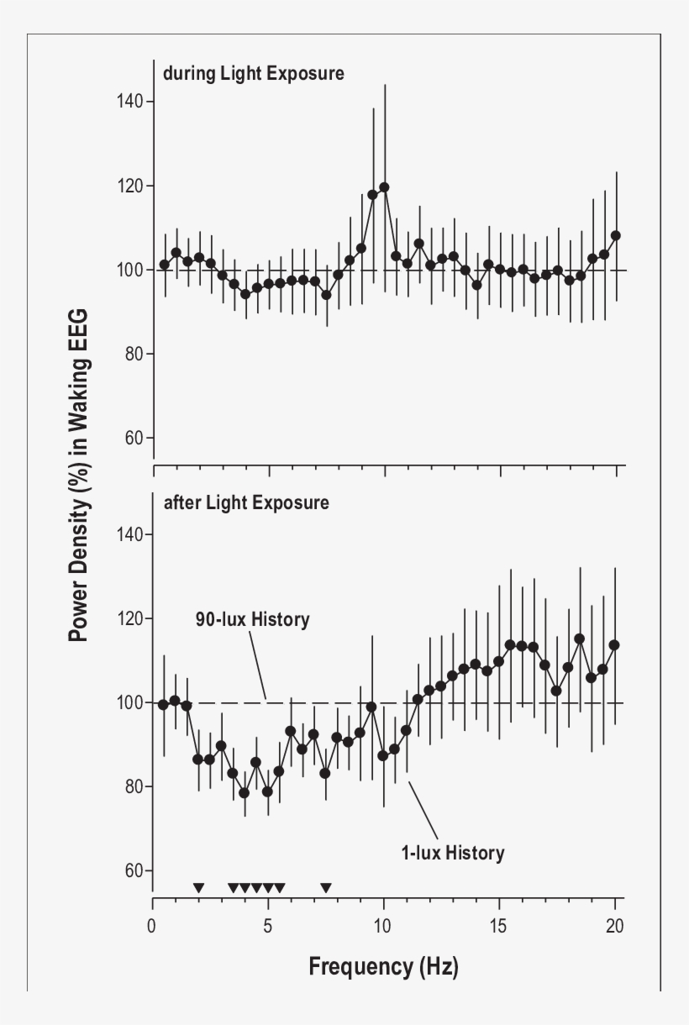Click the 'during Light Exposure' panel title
253,73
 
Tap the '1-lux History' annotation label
452,854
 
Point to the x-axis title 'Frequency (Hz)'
383,967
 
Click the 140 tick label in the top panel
130,102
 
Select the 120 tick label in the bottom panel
130,618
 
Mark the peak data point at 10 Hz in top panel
384,187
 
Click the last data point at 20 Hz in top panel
615,235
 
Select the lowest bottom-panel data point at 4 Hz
245,792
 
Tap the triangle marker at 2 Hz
198,888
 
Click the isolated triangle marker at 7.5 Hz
326,888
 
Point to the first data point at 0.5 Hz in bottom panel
164,704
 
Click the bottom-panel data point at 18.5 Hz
580,639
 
